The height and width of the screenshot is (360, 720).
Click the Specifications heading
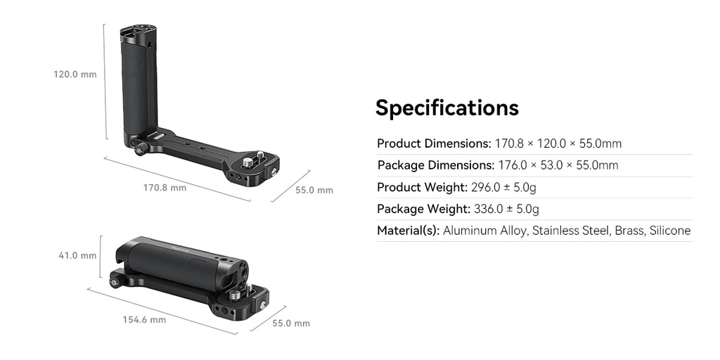click(x=446, y=108)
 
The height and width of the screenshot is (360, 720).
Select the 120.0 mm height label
click(x=75, y=74)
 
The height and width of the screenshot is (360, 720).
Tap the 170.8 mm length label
click(x=165, y=188)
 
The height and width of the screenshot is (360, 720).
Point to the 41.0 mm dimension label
click(x=77, y=255)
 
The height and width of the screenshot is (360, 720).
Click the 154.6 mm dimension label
click(x=144, y=320)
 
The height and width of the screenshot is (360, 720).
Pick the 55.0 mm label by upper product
click(x=314, y=190)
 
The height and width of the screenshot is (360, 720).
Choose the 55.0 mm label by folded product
click(x=290, y=323)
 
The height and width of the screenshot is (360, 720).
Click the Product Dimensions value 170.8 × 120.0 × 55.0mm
click(x=558, y=143)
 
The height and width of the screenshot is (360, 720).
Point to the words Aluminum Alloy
click(x=484, y=231)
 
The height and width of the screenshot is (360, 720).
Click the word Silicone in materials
click(x=669, y=231)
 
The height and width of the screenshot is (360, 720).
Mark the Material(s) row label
click(x=408, y=231)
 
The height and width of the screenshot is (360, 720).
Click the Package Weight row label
click(x=423, y=209)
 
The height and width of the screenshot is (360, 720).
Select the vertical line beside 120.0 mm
click(x=105, y=81)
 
